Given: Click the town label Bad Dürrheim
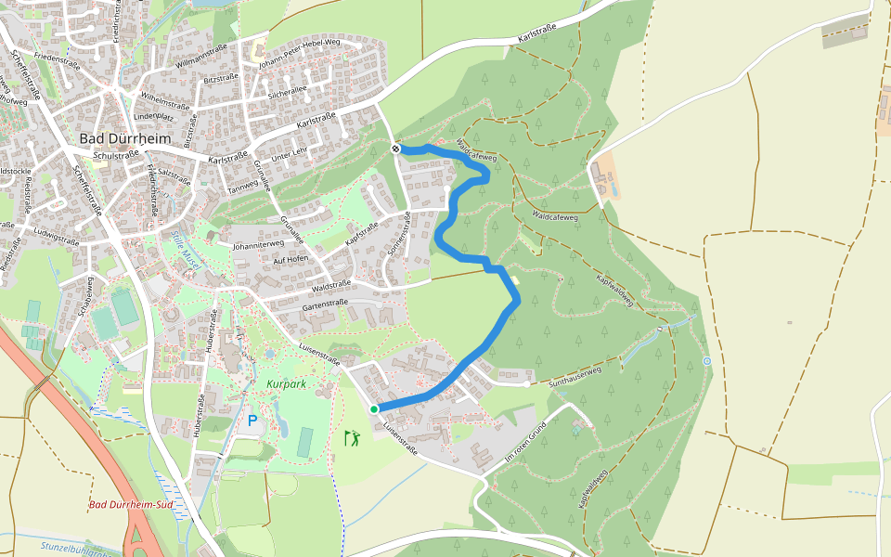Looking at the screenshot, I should pyautogui.click(x=125, y=138).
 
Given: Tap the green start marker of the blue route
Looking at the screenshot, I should pyautogui.click(x=374, y=408).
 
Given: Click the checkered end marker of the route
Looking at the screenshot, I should pyautogui.click(x=396, y=149).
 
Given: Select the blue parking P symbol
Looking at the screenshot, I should pyautogui.click(x=252, y=421).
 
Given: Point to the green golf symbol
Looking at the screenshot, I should pyautogui.click(x=352, y=436).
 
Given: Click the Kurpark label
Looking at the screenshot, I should pyautogui.click(x=286, y=383).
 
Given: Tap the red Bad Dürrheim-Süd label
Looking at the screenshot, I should pyautogui.click(x=132, y=505).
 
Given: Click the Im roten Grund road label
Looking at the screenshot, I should pyautogui.click(x=523, y=440).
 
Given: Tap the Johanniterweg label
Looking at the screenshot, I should pyautogui.click(x=257, y=246).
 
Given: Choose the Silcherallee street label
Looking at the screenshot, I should pyautogui.click(x=287, y=93).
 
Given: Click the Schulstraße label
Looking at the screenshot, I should pyautogui.click(x=103, y=156).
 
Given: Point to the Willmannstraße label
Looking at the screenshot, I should pyautogui.click(x=201, y=65).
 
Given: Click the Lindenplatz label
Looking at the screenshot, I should pyautogui.click(x=154, y=117).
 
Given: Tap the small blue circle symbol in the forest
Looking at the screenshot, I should pyautogui.click(x=706, y=361).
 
